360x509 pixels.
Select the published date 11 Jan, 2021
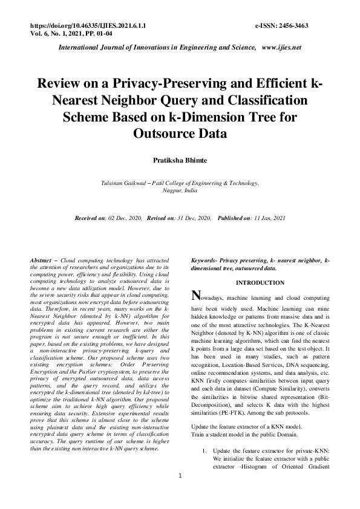click(266, 218)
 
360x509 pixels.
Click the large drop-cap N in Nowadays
click(195, 296)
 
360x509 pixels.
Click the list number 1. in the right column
click(205, 451)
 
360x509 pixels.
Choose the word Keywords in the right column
click(205, 260)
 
